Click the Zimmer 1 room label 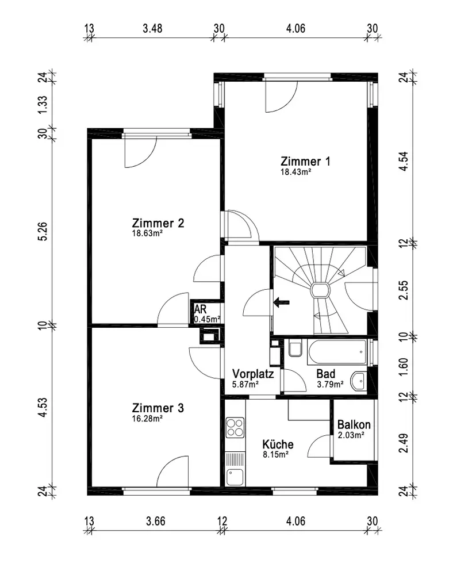click(305, 161)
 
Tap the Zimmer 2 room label click(158, 223)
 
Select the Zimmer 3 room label click(158, 408)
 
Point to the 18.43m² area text click(296, 171)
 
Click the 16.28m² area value click(147, 419)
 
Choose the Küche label click(278, 444)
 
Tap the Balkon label click(354, 425)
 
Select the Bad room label click(326, 373)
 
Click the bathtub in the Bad click(337, 351)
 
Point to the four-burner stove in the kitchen click(235, 427)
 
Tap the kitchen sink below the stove click(235, 477)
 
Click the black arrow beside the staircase click(281, 302)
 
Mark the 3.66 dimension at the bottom click(156, 522)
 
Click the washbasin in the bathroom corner click(358, 380)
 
